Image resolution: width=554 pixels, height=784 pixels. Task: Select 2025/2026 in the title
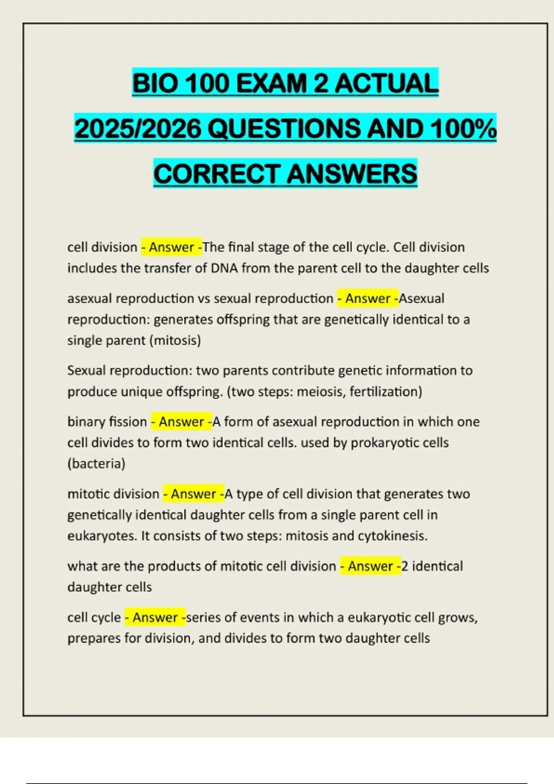point(138,129)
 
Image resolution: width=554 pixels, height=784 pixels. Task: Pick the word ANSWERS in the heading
point(352,174)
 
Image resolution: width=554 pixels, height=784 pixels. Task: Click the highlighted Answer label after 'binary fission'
point(181,422)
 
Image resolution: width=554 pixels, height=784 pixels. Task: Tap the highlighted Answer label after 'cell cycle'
point(155,618)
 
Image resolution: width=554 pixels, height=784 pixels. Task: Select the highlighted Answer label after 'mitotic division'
point(193,494)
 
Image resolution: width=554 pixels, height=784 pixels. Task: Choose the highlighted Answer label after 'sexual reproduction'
point(368,299)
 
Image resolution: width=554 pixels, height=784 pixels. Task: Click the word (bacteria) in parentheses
point(96,463)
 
